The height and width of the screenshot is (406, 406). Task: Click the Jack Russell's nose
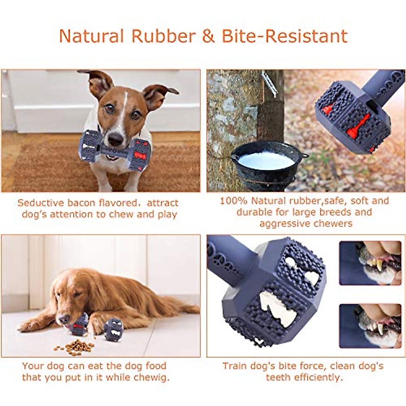click(x=115, y=139)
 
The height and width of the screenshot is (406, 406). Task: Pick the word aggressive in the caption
click(x=282, y=224)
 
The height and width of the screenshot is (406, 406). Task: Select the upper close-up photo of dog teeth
click(x=370, y=263)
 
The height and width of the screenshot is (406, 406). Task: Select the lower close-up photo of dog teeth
click(x=370, y=326)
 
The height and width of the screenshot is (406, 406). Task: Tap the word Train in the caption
click(x=235, y=366)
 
